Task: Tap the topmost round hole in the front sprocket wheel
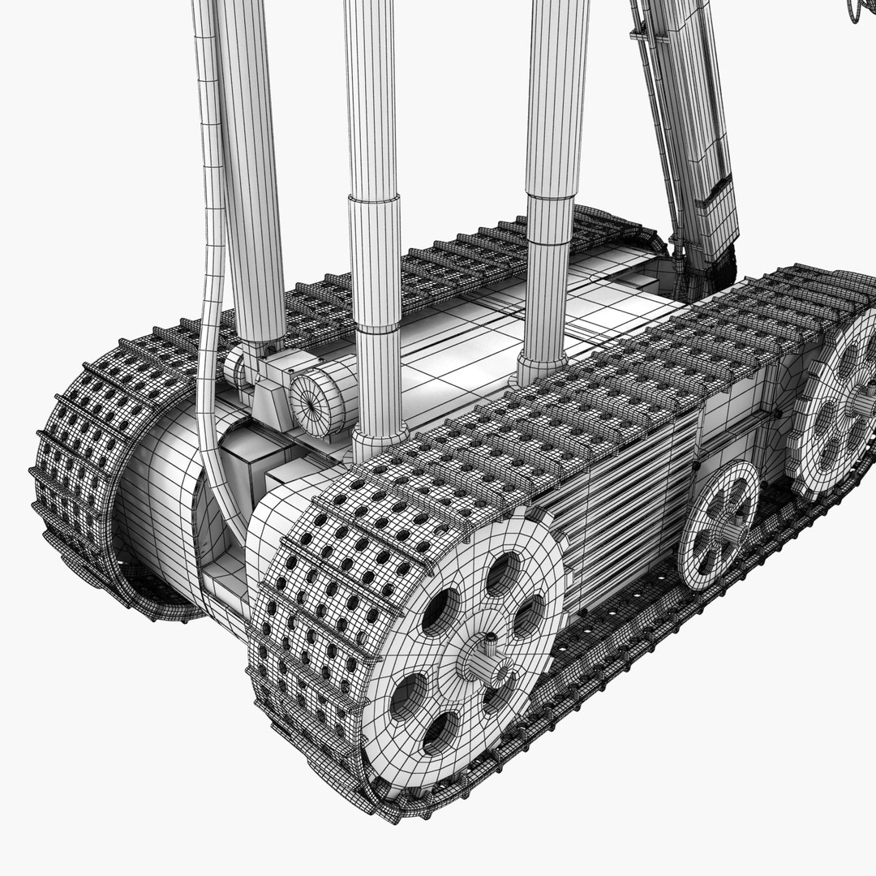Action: tap(500, 573)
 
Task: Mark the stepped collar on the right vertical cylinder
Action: tap(552, 219)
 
